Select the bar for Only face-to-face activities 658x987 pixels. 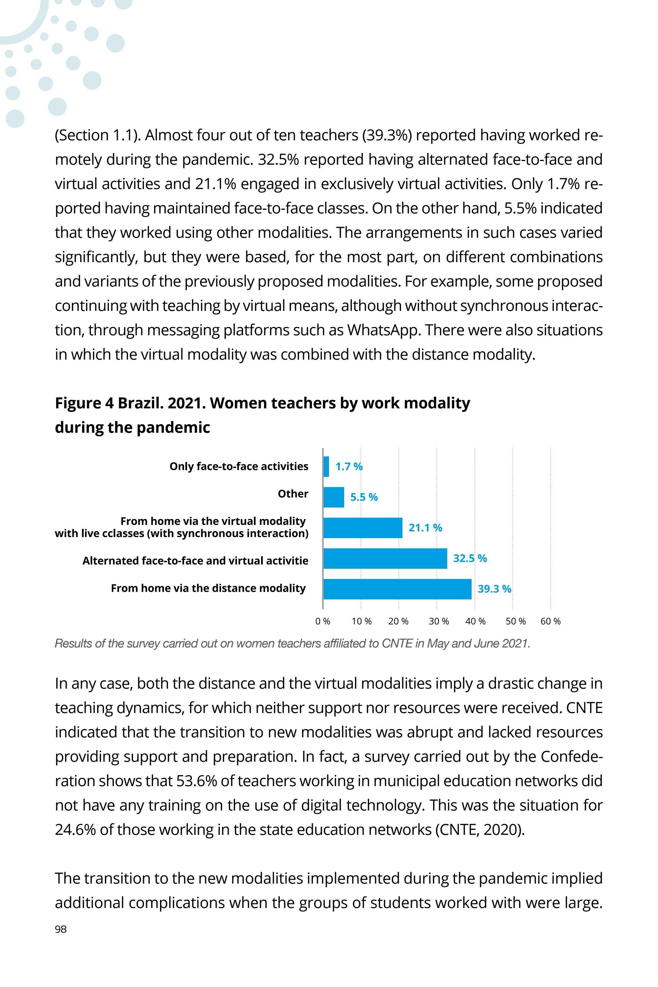[x=326, y=467]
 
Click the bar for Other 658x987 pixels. [x=334, y=497]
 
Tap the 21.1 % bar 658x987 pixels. [x=363, y=528]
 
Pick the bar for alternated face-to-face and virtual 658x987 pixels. [x=385, y=559]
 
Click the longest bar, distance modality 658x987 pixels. [x=397, y=589]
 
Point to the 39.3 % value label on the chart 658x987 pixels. [x=494, y=589]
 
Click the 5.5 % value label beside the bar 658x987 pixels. [x=364, y=497]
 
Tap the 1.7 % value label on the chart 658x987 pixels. [x=349, y=467]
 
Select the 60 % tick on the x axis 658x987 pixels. [x=550, y=621]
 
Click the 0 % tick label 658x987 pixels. [x=323, y=621]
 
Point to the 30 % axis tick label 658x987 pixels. [x=439, y=621]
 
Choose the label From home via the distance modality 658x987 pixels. [x=208, y=588]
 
